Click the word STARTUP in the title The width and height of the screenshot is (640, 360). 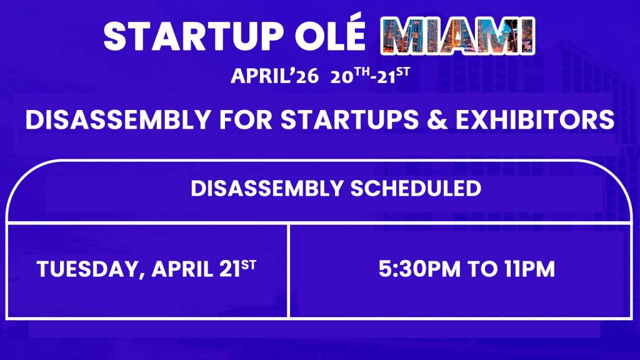point(194,36)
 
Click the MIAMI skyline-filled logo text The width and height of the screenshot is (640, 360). point(457,36)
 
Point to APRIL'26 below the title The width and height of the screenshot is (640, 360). point(275,76)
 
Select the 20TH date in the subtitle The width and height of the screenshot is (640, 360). point(350,76)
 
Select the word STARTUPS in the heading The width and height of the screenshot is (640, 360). point(350,119)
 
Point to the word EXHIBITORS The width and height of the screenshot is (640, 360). point(535,119)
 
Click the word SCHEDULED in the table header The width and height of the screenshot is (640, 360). point(416,188)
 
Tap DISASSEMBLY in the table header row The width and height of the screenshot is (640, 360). point(267,188)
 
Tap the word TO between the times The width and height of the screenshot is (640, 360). point(482,269)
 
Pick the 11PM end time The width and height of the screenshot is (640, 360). point(529,269)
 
